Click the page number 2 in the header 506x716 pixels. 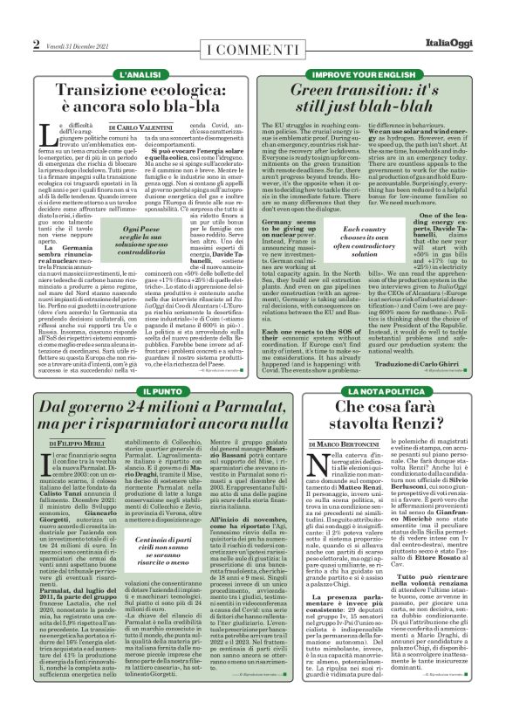point(36,45)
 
